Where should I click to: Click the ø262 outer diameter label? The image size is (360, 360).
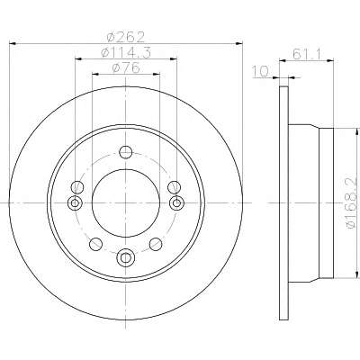point(126,37)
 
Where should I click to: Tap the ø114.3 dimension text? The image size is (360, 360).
point(126,52)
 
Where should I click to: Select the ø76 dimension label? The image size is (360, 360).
point(126,67)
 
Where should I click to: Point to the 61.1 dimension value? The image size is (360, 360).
point(307,54)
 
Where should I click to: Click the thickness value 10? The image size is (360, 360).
point(260,72)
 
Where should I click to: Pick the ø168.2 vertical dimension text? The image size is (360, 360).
point(352,203)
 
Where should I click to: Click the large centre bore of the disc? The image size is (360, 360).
point(126,203)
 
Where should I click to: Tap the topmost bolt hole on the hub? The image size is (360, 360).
point(126,152)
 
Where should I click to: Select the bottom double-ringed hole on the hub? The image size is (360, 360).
point(126,257)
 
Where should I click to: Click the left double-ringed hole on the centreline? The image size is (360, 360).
point(75,203)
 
